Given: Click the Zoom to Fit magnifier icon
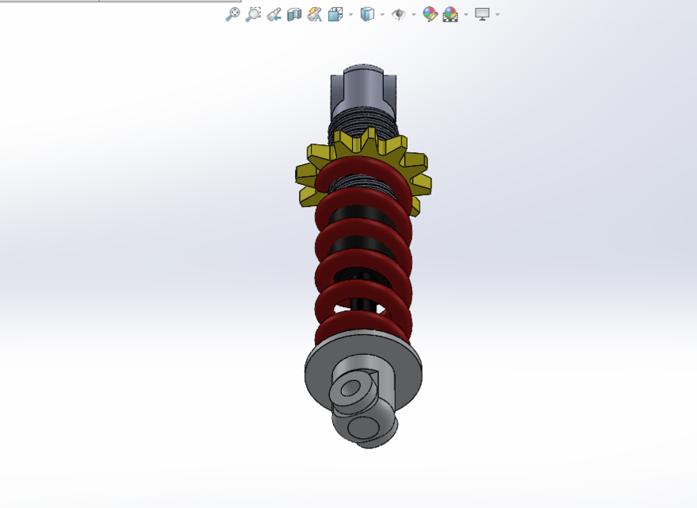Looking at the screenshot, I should (232, 14).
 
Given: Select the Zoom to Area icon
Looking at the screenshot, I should (253, 14).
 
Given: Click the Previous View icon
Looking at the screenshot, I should (274, 14).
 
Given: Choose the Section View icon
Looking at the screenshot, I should (294, 14).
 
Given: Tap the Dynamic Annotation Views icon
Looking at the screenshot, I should (315, 14).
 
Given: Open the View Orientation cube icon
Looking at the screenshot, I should (335, 14).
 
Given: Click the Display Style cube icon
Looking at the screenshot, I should (366, 14).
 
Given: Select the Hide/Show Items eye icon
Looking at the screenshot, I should (398, 14).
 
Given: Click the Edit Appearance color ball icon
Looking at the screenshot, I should (430, 14).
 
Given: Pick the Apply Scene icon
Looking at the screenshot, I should (450, 14).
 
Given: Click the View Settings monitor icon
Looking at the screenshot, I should (482, 14).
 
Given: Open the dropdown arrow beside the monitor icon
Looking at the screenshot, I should (498, 14).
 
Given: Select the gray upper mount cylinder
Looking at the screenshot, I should (363, 90).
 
